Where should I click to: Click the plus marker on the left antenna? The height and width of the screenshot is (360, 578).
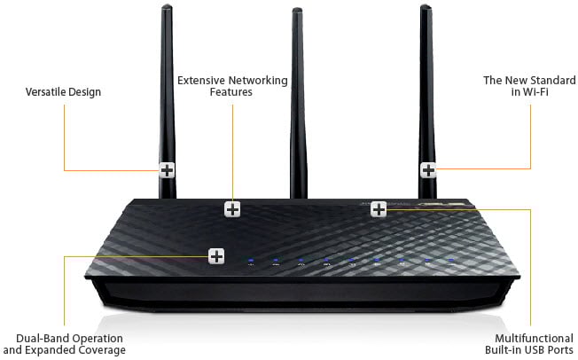pos(168,170)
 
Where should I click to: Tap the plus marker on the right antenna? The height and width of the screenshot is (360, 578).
pos(428,169)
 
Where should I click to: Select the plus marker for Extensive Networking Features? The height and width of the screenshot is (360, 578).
pos(232,209)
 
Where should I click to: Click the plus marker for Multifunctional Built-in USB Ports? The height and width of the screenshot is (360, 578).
pos(379,209)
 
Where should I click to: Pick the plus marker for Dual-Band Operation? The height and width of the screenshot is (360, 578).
pos(216,256)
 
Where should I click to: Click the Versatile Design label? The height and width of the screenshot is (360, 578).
pos(64,92)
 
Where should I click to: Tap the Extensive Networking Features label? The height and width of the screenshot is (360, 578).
pos(232,86)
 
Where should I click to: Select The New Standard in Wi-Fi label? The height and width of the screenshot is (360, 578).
pos(517,86)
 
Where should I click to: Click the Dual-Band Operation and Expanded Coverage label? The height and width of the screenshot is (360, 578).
pos(71,344)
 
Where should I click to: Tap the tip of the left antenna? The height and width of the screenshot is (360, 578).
pos(168,9)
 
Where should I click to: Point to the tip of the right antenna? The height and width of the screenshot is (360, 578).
pos(426,9)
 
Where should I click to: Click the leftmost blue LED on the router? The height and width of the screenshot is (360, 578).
pos(252,262)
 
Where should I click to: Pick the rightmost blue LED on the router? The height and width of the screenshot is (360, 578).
pos(451,261)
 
